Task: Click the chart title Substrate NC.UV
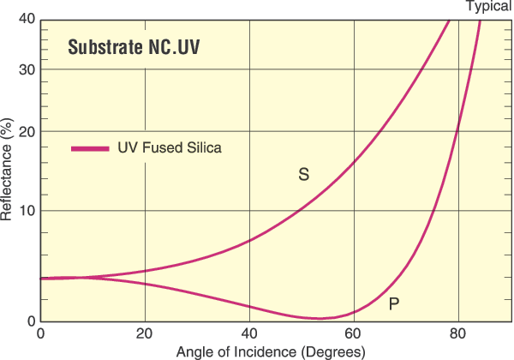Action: click(x=134, y=48)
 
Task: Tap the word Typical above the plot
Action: click(x=488, y=7)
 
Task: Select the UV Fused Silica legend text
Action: click(x=170, y=147)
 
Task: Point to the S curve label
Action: click(x=303, y=175)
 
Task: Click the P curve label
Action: click(x=393, y=303)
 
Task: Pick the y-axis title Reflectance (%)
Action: click(x=8, y=171)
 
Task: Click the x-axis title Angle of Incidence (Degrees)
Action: click(x=271, y=351)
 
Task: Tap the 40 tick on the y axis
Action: click(x=27, y=20)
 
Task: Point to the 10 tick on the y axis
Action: click(x=27, y=211)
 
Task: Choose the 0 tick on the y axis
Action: click(x=31, y=321)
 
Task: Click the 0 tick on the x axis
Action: click(x=41, y=333)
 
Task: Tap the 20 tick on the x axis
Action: click(x=145, y=333)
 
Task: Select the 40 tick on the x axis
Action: click(x=249, y=333)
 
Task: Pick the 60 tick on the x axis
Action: click(x=354, y=333)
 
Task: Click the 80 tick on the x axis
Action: click(x=457, y=333)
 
